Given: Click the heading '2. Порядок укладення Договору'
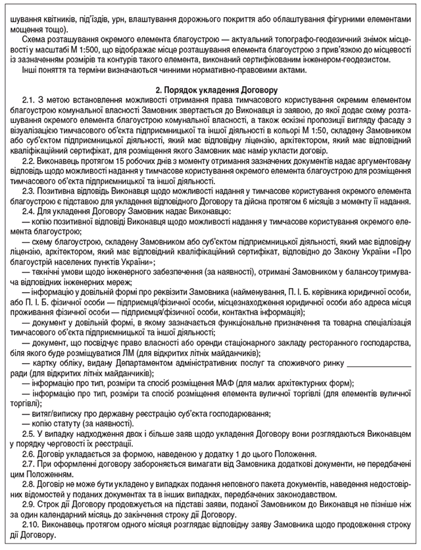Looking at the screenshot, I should [210, 87].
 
